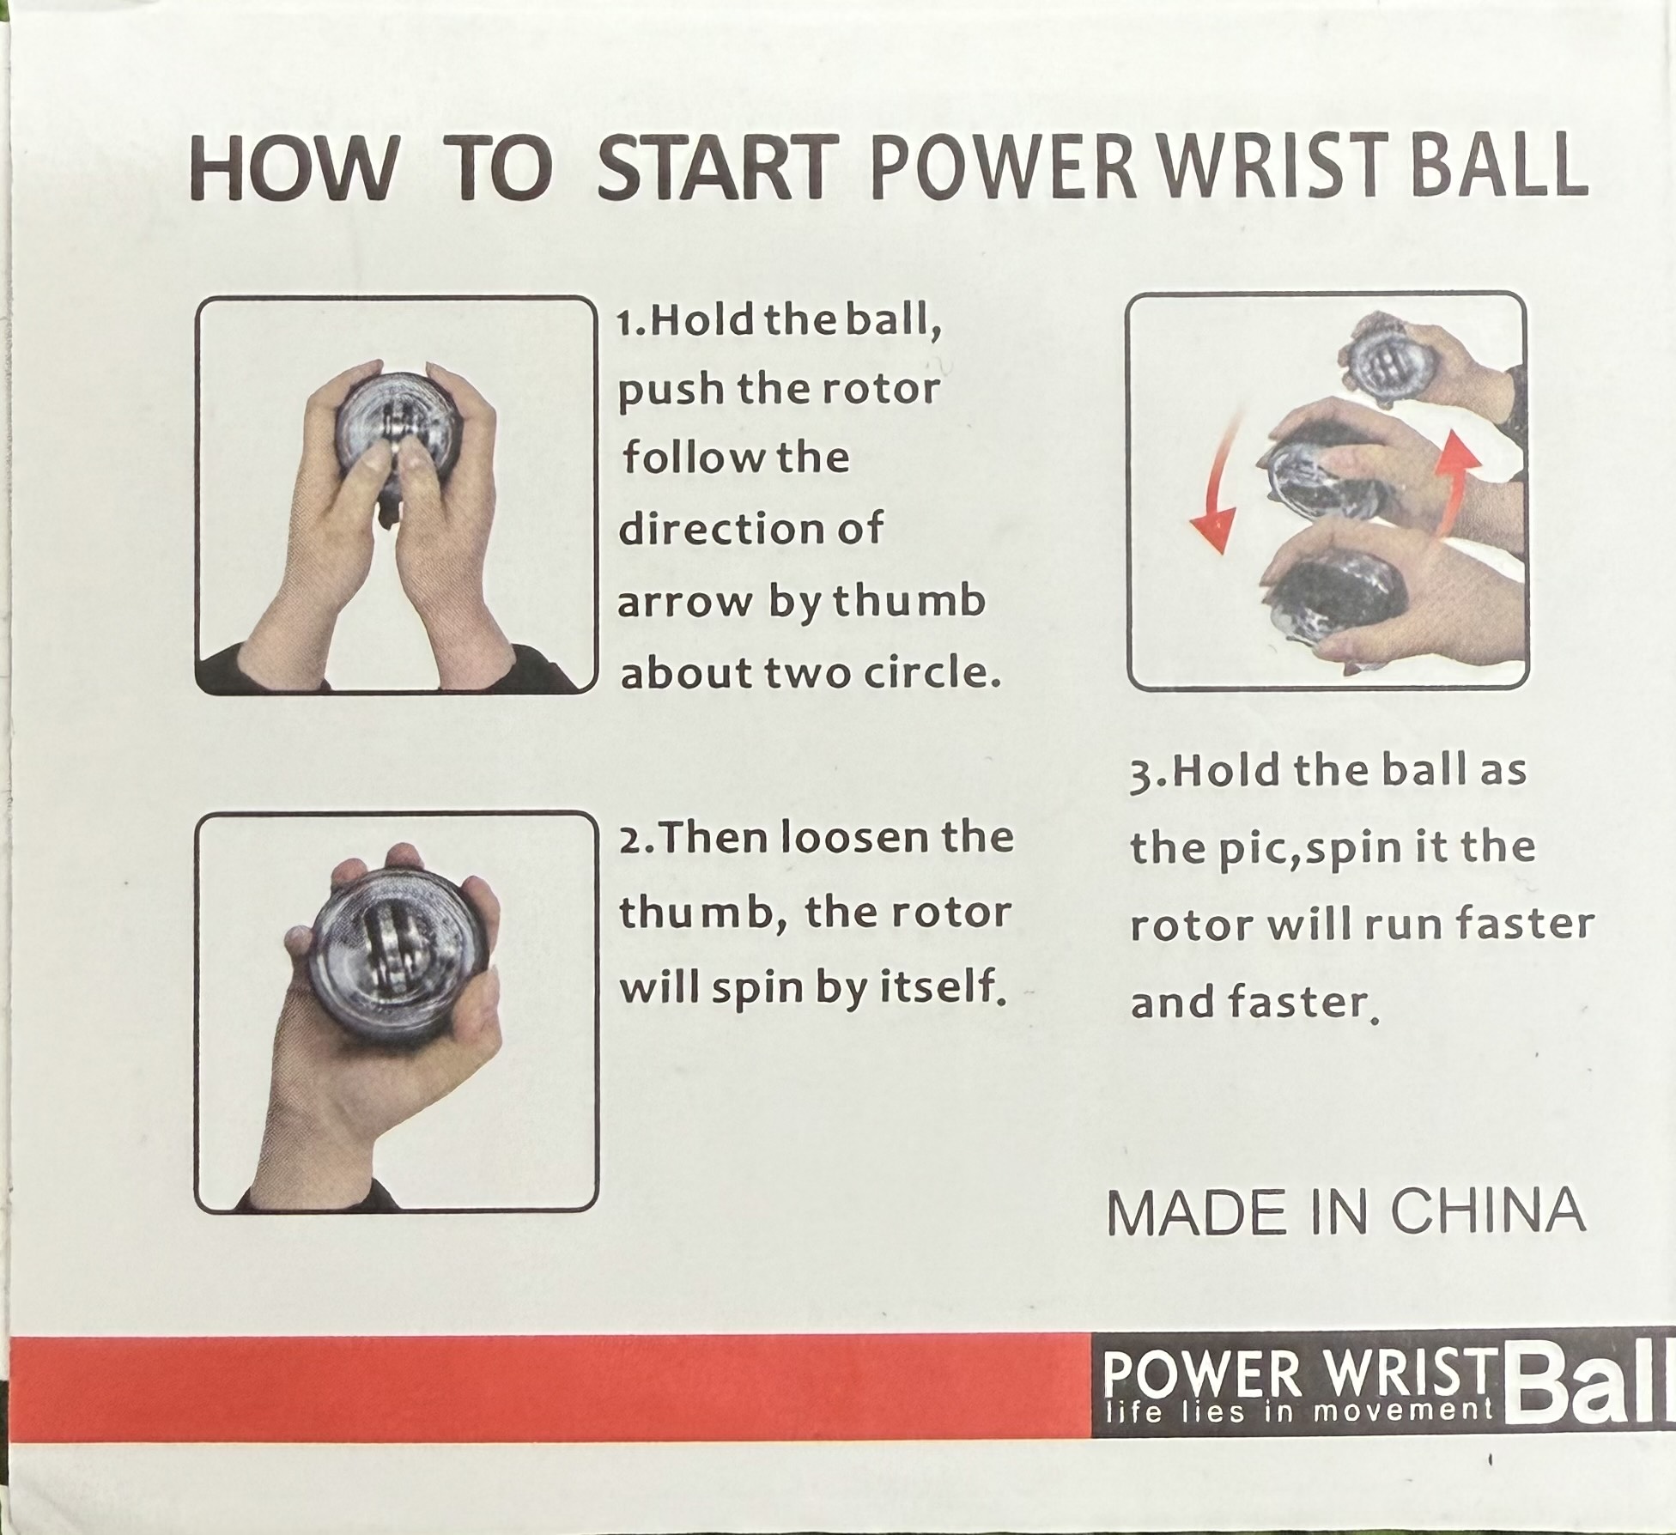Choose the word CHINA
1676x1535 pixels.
pos(1487,1211)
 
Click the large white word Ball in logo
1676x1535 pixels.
pos(1592,1400)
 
